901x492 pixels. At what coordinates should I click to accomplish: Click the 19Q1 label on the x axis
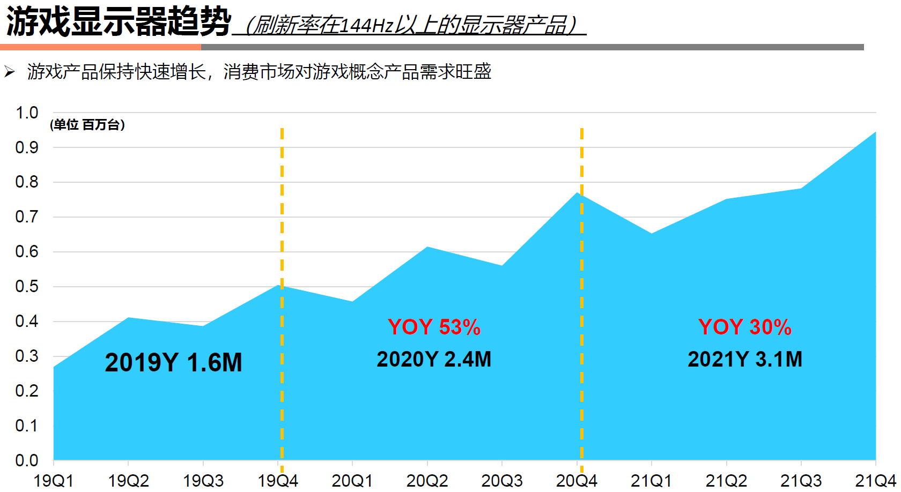(x=54, y=480)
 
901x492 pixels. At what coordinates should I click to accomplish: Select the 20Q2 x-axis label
(x=427, y=480)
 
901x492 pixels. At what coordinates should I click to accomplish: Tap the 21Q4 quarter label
(x=875, y=480)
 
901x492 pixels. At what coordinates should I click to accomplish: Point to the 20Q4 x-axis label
(x=577, y=480)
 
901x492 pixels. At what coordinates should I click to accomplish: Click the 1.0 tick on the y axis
(x=27, y=113)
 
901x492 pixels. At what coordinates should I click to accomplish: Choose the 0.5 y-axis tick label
(x=27, y=287)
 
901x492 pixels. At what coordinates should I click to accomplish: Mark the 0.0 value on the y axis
(x=27, y=460)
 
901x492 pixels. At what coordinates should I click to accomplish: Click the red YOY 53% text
(x=434, y=327)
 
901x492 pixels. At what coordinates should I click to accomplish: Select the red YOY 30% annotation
(x=744, y=327)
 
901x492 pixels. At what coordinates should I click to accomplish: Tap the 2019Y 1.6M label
(x=173, y=363)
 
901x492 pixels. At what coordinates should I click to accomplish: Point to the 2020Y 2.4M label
(x=434, y=360)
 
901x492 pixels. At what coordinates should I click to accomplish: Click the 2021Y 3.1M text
(x=744, y=360)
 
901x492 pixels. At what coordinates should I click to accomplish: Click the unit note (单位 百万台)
(x=87, y=125)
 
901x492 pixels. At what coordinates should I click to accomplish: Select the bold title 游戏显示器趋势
(x=118, y=23)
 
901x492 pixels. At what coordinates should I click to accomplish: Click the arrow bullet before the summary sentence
(x=10, y=71)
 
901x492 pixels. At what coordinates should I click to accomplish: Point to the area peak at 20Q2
(x=427, y=247)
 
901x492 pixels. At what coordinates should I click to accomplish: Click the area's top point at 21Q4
(x=875, y=132)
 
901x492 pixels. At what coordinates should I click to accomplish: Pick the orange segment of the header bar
(x=100, y=47)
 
